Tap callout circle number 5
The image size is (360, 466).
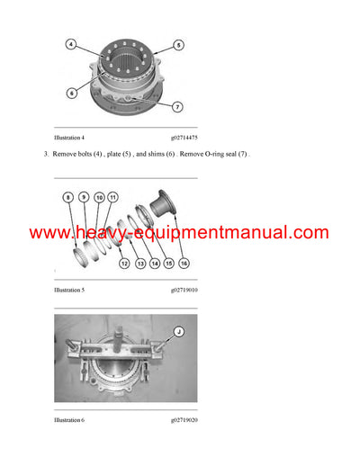(x=178, y=44)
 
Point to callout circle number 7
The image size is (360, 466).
(x=177, y=107)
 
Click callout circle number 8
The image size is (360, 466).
(x=67, y=196)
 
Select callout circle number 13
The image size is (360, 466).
(x=139, y=264)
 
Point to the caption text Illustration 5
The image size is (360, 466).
(x=71, y=291)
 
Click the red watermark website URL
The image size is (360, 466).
(x=180, y=233)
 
